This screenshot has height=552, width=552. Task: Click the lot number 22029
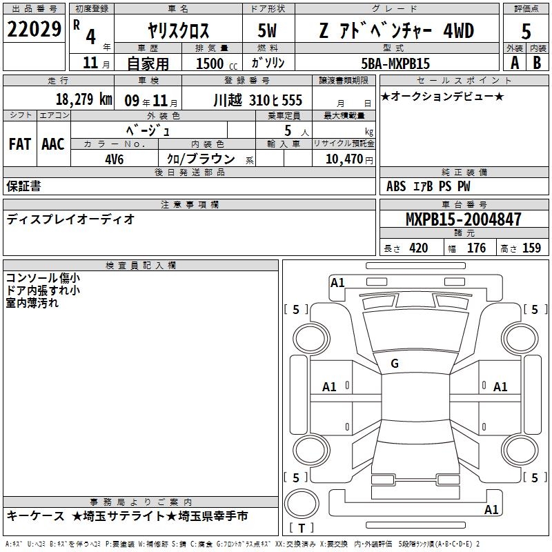34,29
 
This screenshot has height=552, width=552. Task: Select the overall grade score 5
526,31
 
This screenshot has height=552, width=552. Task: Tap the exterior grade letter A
515,63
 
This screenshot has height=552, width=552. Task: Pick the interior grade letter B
537,63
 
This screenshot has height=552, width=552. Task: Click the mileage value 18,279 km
84,99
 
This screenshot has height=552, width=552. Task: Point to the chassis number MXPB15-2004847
463,219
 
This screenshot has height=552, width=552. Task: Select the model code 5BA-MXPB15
395,63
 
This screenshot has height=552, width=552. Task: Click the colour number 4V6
115,159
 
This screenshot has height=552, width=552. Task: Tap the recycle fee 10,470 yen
349,159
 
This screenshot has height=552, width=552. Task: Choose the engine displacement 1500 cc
217,63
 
